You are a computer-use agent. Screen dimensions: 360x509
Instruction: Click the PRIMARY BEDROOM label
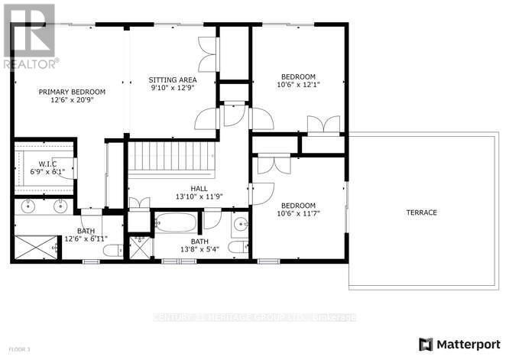[73, 92]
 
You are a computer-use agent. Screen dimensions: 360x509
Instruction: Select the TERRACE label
[420, 212]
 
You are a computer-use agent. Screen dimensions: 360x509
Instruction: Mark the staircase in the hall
[167, 157]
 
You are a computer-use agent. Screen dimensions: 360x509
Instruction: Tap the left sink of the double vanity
[29, 205]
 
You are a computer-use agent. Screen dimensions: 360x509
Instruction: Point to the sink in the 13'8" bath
[240, 224]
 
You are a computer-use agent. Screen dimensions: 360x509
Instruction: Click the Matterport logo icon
[426, 343]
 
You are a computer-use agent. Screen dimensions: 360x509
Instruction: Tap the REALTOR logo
[29, 35]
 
